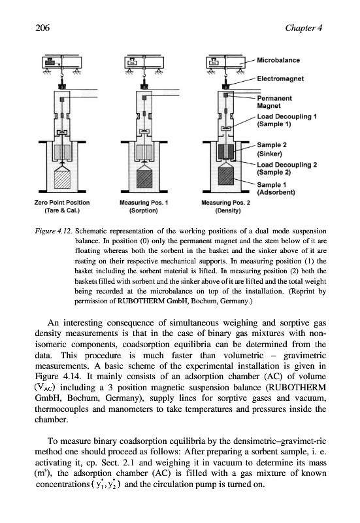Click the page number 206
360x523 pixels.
pos(42,27)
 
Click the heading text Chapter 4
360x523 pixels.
pos(304,27)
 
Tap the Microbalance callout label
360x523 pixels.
pos(278,60)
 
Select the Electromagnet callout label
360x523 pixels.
pos(280,78)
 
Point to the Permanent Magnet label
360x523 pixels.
pos(274,102)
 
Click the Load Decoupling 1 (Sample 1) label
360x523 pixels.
pos(287,120)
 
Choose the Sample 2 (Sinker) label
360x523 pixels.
pos(272,150)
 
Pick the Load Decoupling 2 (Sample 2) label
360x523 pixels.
pos(287,169)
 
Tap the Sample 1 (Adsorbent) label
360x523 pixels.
pos(276,188)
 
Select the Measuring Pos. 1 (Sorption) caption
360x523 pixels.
pos(144,207)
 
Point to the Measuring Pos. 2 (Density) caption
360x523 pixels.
pos(225,207)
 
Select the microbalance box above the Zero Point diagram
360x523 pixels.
pos(62,62)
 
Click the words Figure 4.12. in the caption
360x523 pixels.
pos(54,231)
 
